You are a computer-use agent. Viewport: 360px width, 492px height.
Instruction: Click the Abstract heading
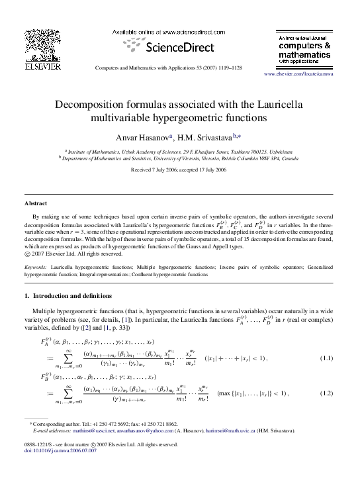(x=36, y=203)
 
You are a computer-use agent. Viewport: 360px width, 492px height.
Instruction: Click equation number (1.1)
(x=327, y=358)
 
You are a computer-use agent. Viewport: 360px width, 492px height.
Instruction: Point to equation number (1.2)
(x=327, y=393)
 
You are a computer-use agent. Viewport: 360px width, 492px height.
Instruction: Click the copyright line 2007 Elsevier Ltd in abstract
(x=77, y=253)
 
